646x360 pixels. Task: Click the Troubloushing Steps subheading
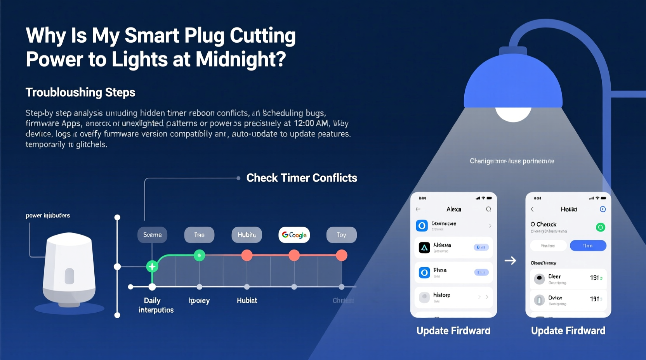pos(80,92)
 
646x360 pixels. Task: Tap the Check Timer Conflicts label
pos(302,178)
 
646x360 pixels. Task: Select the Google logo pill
pos(294,235)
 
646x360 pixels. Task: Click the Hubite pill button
pos(247,235)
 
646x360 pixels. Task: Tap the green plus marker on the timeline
pos(152,267)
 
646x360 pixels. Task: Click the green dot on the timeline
pos(199,255)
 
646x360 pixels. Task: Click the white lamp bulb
pos(513,113)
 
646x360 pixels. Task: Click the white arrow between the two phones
pos(510,260)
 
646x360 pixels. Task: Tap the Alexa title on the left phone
pos(453,209)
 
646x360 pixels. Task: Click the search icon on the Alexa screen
pos(488,209)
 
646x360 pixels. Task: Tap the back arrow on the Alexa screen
pos(418,209)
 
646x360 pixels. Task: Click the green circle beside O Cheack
pos(600,227)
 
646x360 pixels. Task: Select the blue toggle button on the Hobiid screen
pos(588,246)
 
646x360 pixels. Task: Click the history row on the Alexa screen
pos(453,297)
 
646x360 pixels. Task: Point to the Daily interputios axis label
pos(156,305)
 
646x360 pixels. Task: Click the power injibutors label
pos(48,216)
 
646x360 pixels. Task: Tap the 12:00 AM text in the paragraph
pos(311,124)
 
